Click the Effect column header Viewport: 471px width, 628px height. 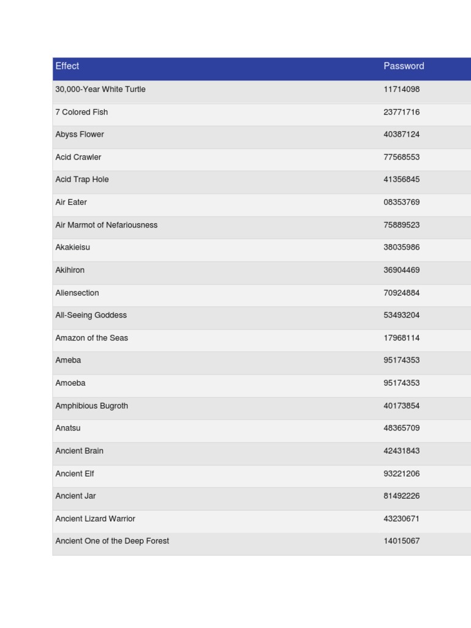tap(67, 66)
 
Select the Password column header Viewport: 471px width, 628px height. tap(404, 66)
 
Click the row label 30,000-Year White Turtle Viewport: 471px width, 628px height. tap(100, 90)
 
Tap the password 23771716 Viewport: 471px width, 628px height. tap(401, 112)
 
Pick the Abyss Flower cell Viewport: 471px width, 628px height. tap(80, 134)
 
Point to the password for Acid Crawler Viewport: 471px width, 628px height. tap(401, 157)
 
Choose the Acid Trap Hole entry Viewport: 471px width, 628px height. tap(82, 180)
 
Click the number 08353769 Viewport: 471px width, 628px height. tap(401, 202)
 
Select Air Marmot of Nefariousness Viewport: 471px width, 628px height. tap(106, 225)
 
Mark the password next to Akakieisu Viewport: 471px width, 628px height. tap(401, 248)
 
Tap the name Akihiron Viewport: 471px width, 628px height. tap(70, 270)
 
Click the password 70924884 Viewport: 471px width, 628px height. tap(401, 293)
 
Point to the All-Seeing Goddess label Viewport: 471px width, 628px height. tap(91, 315)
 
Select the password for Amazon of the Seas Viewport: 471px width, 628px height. tap(401, 338)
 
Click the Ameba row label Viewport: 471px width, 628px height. tap(68, 361)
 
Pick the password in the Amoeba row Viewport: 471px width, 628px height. tap(401, 383)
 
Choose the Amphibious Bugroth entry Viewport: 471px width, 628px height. tap(91, 406)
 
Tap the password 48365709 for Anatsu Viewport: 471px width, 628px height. tap(401, 428)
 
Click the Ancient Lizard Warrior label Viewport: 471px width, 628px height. tap(95, 519)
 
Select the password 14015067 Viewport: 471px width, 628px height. tap(401, 541)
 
